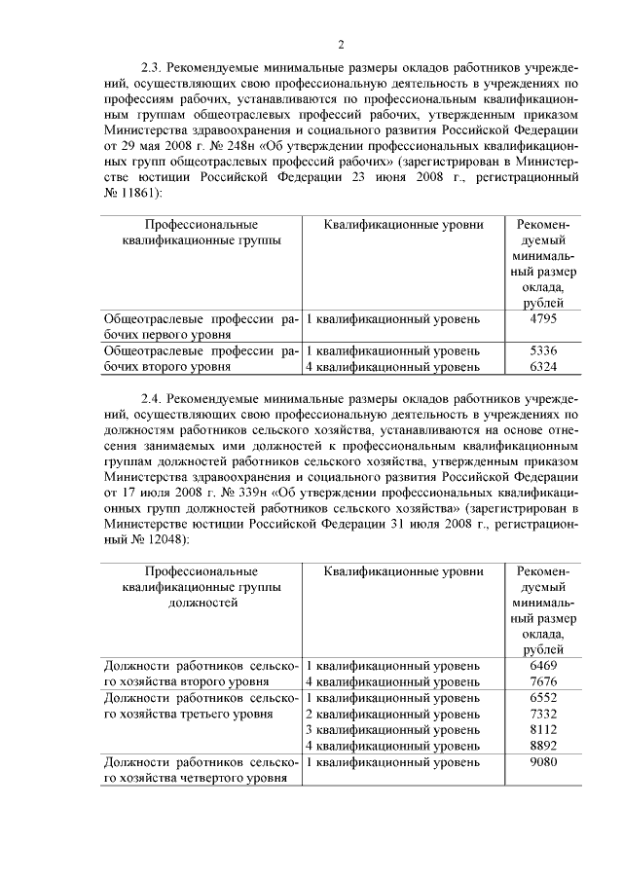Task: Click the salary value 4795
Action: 543,318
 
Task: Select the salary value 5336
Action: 543,349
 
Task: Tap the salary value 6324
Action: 543,367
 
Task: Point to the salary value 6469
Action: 543,665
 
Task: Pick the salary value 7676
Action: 543,681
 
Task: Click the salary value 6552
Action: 543,698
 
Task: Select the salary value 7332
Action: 543,715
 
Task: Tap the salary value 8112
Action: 543,730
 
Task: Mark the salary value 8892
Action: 543,747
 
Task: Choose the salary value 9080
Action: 543,762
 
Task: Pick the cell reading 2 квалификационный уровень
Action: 392,715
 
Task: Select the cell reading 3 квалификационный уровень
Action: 392,730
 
